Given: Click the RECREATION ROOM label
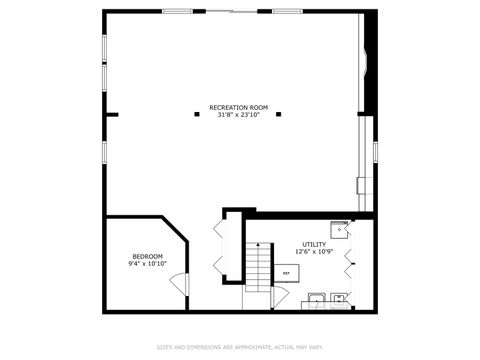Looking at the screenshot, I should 239,107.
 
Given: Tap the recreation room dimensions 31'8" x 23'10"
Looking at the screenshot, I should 239,115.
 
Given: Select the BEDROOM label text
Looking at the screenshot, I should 147,257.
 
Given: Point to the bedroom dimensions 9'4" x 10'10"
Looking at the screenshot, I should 147,265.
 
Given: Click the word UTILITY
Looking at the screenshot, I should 313,244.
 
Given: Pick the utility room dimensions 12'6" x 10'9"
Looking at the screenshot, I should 313,252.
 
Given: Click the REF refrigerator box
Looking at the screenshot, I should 286,272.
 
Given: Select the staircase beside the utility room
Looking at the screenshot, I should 259,267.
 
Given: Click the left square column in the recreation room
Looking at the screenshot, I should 197,114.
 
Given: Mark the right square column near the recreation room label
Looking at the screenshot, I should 282,114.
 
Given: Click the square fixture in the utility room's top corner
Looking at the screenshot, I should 341,229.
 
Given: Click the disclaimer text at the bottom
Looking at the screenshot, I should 240,348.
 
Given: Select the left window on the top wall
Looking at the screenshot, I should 178,11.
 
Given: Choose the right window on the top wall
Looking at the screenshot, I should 287,11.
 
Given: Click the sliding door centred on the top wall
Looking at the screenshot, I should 232,11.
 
